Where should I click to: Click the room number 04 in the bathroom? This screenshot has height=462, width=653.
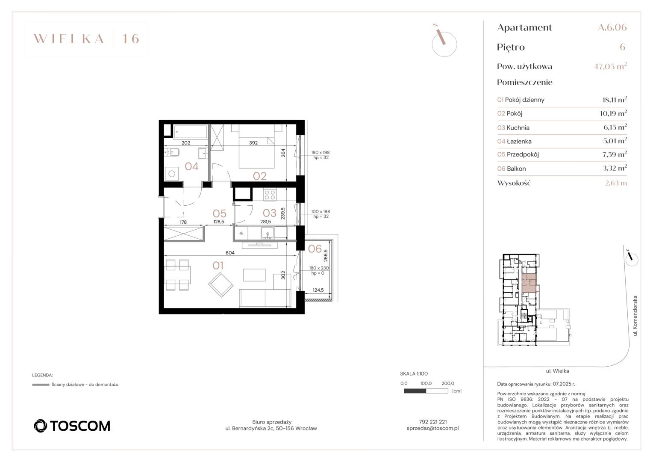coord(191,166)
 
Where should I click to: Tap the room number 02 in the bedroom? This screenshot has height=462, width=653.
coord(259,176)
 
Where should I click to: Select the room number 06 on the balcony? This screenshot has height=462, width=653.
coord(315,249)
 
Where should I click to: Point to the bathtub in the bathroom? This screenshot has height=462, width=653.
coord(190,132)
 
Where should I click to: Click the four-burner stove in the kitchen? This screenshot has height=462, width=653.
coord(270,195)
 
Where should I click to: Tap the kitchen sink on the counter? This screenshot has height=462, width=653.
coord(268,233)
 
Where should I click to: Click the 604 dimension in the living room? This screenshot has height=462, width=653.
coord(230,253)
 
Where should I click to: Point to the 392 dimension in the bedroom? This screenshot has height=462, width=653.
coord(253,143)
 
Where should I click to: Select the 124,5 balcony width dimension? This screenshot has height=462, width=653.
coord(318,290)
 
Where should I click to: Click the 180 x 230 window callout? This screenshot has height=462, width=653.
coord(319,268)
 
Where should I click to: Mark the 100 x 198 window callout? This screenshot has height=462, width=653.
coord(321,211)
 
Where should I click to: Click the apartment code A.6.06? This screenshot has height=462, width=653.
coord(612,27)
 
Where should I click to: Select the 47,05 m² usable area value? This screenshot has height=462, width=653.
coord(610,66)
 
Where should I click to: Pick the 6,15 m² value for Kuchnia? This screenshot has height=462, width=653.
coord(615,127)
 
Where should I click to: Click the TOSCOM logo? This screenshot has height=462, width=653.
coord(72,426)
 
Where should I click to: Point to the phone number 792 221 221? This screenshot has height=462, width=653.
coord(432,421)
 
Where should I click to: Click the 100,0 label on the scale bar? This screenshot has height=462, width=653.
coord(426,383)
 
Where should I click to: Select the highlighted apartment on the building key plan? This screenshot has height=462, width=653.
coord(529,283)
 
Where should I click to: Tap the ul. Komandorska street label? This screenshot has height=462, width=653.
coord(635,316)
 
